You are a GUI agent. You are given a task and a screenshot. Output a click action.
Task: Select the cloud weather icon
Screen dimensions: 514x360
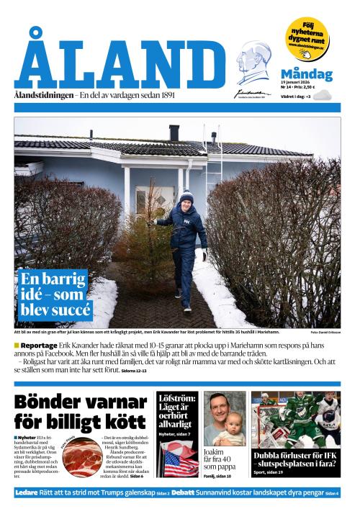click(321, 95)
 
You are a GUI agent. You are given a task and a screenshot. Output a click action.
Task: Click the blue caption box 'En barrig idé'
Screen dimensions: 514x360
click(55, 294)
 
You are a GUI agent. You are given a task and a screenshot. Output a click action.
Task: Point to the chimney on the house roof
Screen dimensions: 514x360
click(174, 132)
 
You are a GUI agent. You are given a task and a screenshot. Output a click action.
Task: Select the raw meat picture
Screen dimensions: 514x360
click(81, 457)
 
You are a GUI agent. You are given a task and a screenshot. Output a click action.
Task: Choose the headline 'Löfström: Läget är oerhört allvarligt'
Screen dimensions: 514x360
click(176, 410)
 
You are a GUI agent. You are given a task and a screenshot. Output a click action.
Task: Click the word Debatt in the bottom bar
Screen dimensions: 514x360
click(183, 493)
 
